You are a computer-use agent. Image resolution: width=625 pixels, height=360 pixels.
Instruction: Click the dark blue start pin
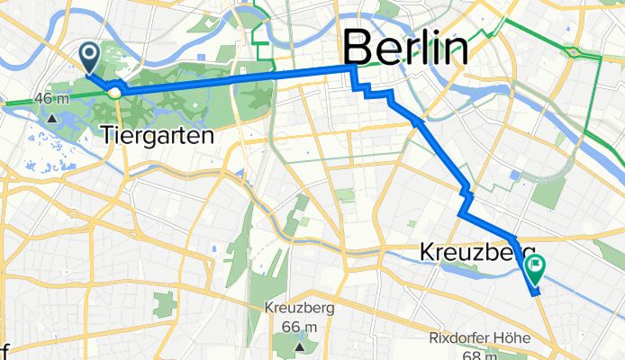pyautogui.click(x=91, y=57)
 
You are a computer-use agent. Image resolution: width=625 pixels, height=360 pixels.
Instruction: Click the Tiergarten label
pyautogui.click(x=159, y=136)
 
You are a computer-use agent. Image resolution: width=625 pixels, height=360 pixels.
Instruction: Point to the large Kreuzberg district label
pyautogui.click(x=478, y=254)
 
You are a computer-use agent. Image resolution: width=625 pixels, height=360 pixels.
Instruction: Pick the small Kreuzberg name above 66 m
pyautogui.click(x=301, y=308)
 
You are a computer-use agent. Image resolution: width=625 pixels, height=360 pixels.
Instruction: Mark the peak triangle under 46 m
pyautogui.click(x=53, y=116)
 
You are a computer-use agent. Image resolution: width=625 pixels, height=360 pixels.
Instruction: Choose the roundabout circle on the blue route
pyautogui.click(x=115, y=91)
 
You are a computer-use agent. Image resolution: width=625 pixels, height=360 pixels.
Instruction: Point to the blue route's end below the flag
pyautogui.click(x=533, y=293)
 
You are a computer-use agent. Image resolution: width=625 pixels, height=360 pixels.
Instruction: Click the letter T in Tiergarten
pyautogui.click(x=110, y=136)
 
